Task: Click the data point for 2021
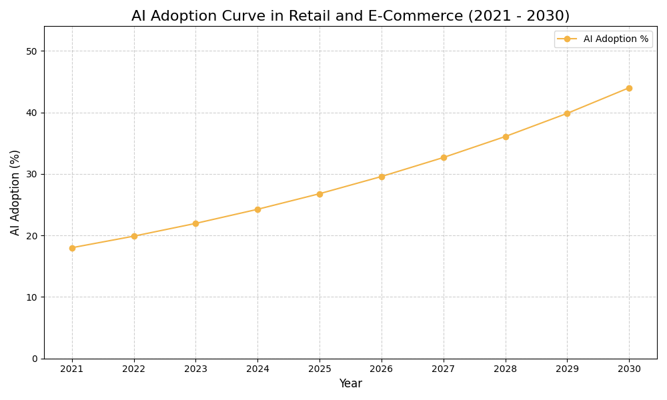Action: point(72,248)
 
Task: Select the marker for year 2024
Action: point(257,209)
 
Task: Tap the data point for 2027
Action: point(444,157)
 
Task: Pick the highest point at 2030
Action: point(629,88)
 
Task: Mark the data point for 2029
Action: point(567,113)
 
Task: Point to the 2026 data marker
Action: point(382,177)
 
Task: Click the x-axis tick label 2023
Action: point(195,369)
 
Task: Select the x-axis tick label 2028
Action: point(505,369)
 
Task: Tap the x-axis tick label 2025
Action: point(319,369)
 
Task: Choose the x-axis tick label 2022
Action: point(134,369)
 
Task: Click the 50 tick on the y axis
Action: point(32,51)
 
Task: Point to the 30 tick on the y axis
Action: point(32,174)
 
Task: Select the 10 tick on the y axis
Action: point(32,297)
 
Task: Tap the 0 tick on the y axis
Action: point(35,359)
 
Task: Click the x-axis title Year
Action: point(350,384)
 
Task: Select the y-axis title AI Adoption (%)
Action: point(15,192)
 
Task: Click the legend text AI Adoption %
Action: point(616,39)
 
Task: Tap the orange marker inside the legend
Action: point(567,39)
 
